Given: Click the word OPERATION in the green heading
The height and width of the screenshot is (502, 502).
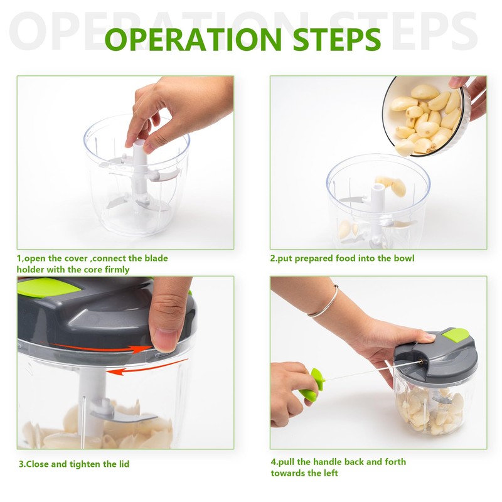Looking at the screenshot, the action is tap(193, 39).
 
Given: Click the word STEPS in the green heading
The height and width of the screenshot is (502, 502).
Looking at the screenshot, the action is tap(337, 39).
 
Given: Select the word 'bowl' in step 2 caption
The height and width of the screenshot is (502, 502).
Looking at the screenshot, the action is tap(403, 258).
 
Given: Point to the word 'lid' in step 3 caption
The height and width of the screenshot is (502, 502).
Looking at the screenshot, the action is tap(124, 464).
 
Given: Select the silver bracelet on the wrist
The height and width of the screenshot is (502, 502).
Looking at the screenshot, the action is tap(324, 301).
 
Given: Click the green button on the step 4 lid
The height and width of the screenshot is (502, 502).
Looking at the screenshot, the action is tap(455, 335).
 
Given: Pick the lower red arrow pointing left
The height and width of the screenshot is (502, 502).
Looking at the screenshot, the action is tap(147, 367).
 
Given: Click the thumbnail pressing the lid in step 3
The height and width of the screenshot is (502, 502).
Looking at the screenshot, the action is tap(164, 340).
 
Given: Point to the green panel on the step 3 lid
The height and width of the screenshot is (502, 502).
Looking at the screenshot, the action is tap(48, 287).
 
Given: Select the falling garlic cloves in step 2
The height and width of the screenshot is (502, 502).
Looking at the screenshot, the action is tap(391, 186).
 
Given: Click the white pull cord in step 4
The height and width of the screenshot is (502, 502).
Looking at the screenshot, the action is tap(371, 371).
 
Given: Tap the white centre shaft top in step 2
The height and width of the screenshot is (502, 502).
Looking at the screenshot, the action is tap(378, 186).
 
